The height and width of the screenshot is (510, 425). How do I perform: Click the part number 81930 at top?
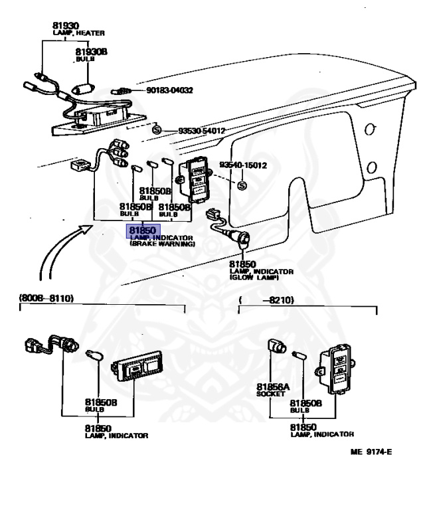pos(66,26)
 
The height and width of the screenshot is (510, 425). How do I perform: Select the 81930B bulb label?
pos(90,52)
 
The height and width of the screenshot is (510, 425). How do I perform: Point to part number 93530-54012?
pos(201,131)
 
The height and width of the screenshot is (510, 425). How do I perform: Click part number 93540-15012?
pos(246,165)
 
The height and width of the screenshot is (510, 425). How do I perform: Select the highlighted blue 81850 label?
pos(141,230)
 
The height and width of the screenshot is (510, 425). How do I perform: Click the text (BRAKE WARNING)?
pos(163,244)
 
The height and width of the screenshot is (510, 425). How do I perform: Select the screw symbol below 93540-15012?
pos(241,185)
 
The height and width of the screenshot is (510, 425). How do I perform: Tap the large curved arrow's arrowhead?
pos(87,229)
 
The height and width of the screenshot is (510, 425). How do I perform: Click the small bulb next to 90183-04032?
pos(122,90)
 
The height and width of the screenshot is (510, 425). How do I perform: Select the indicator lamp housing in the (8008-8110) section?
pos(140,367)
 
